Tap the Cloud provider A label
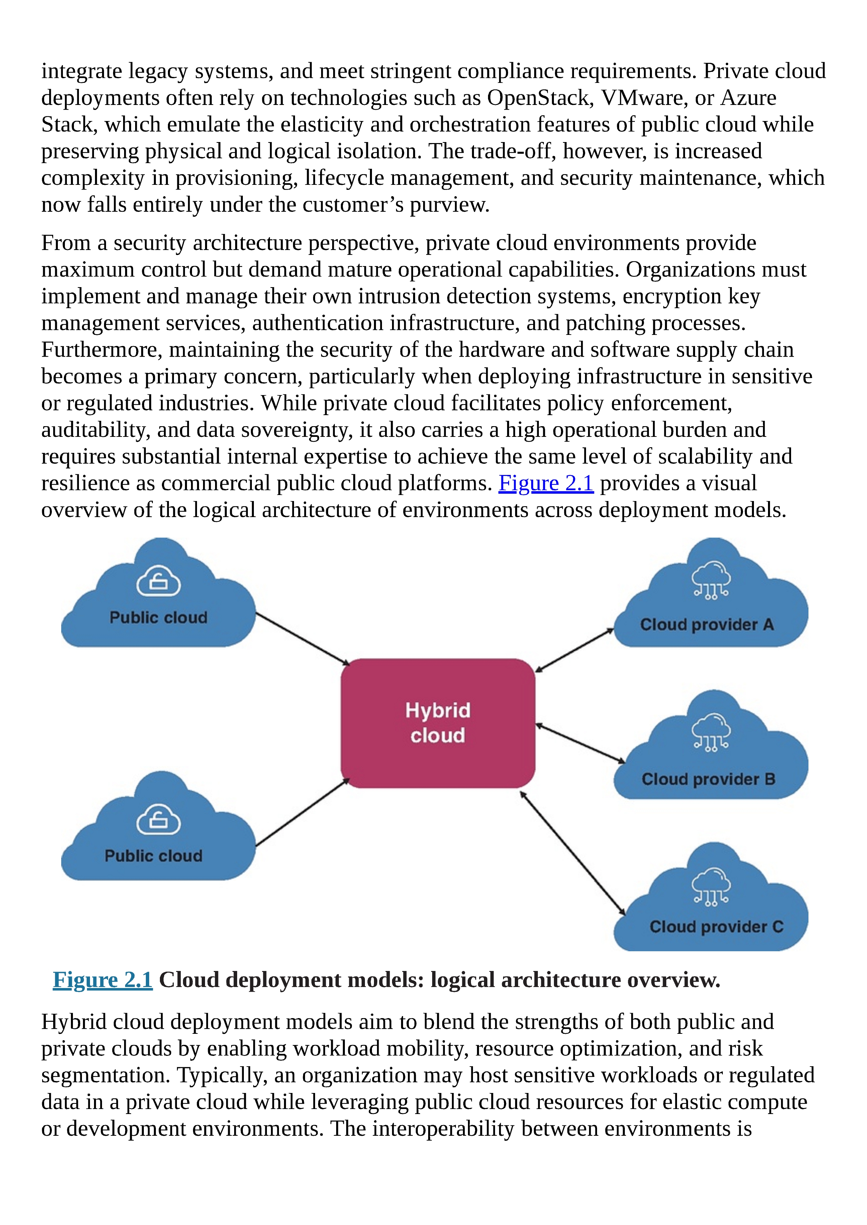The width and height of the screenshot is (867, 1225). click(x=707, y=624)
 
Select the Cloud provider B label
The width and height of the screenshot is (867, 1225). click(x=708, y=779)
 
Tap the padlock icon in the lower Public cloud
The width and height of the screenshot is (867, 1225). click(x=159, y=819)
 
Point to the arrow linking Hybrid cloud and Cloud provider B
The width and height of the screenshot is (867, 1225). click(x=580, y=743)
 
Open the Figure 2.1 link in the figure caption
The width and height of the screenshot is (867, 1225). click(x=102, y=980)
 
